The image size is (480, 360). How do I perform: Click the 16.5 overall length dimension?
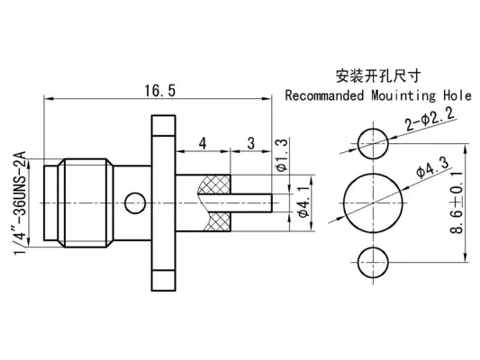point(158,89)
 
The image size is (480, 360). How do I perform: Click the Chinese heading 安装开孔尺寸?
point(383,76)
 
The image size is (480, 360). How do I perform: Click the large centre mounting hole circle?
point(370,202)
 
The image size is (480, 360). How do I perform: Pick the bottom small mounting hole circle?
point(370,260)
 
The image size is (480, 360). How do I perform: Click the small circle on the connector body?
point(136,202)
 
